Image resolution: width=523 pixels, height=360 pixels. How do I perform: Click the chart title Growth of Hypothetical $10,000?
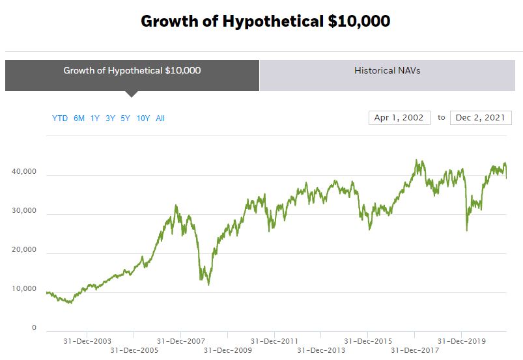(265, 21)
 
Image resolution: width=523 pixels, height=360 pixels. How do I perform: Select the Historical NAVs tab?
(387, 70)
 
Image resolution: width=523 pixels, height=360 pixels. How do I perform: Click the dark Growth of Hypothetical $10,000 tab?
(132, 70)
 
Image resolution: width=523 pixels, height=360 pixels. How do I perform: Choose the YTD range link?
(60, 118)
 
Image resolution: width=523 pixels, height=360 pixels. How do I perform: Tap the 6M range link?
(79, 118)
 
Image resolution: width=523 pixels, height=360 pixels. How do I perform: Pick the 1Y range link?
(95, 118)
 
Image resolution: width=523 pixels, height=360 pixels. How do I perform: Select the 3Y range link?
(111, 118)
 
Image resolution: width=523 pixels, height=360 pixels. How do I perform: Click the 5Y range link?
(126, 118)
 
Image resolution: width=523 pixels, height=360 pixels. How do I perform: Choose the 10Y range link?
(143, 118)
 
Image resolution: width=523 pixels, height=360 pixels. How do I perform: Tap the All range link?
(160, 118)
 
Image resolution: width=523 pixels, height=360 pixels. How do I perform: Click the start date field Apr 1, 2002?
(399, 118)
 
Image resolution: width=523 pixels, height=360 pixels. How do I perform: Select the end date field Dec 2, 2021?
(481, 118)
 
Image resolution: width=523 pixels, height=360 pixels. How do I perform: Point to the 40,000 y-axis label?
(24, 173)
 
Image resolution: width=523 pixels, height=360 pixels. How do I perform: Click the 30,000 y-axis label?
(24, 212)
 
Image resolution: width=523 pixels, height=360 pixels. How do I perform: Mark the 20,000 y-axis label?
(24, 250)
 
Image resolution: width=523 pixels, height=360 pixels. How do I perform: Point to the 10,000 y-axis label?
(24, 289)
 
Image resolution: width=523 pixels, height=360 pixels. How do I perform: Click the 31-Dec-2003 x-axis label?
(87, 341)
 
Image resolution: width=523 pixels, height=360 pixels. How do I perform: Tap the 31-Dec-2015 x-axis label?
(368, 341)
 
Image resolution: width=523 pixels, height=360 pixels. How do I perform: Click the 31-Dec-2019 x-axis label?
(461, 341)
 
